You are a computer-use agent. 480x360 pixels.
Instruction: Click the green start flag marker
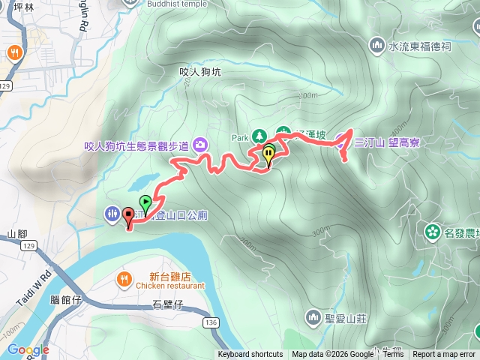pyautogui.click(x=145, y=202)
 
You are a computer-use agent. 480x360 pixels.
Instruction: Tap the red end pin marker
pyautogui.click(x=128, y=217)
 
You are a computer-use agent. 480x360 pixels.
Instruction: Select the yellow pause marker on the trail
pyautogui.click(x=268, y=155)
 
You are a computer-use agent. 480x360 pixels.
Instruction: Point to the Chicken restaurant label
pyautogui.click(x=170, y=286)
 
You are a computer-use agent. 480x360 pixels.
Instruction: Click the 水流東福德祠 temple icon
pyautogui.click(x=377, y=46)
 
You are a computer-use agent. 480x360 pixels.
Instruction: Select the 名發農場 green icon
pyautogui.click(x=432, y=232)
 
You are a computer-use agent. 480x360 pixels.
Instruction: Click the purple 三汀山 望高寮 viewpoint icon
pyautogui.click(x=341, y=140)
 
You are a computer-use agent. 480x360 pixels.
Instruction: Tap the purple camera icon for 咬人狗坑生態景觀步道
pyautogui.click(x=200, y=143)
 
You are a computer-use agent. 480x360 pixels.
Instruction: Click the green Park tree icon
pyautogui.click(x=259, y=136)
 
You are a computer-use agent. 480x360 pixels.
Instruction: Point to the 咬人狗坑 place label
pyautogui.click(x=201, y=72)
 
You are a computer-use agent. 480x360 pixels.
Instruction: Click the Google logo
pyautogui.click(x=28, y=349)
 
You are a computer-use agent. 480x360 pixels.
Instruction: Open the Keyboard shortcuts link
pyautogui.click(x=250, y=355)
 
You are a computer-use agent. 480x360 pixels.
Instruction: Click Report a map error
pyautogui.click(x=444, y=355)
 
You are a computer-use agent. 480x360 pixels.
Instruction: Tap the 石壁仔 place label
pyautogui.click(x=167, y=304)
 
